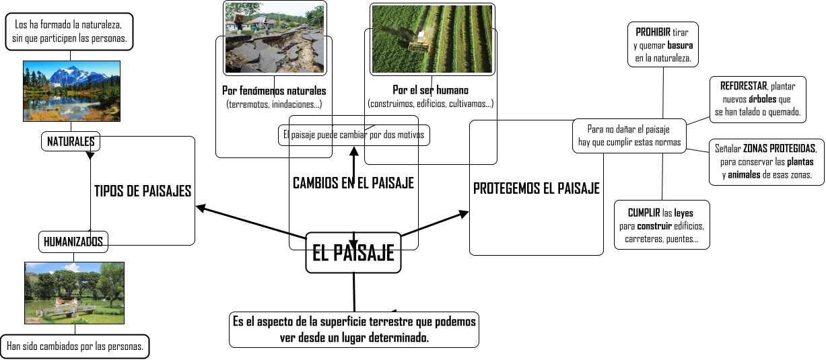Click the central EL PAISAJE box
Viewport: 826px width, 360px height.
[353, 253]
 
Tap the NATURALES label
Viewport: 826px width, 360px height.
[70, 141]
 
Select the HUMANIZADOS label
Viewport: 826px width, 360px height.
[73, 241]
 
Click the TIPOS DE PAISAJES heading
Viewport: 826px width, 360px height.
[143, 191]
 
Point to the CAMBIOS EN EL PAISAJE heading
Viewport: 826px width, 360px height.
[353, 183]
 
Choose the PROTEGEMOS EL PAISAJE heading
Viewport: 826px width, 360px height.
[536, 188]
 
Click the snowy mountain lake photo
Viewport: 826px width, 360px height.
[72, 91]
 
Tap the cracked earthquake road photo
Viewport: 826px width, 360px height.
[274, 37]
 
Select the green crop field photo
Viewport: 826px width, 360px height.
[432, 39]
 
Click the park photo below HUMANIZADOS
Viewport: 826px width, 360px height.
[74, 293]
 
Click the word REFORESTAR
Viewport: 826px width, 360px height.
[743, 87]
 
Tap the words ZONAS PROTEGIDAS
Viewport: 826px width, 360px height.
[780, 149]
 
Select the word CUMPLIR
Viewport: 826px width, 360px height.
[642, 213]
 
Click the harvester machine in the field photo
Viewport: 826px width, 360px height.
[420, 42]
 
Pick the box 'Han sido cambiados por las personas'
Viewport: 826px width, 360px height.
[75, 347]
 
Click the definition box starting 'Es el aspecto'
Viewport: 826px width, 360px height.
[353, 329]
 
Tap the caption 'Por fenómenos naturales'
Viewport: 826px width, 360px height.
[274, 91]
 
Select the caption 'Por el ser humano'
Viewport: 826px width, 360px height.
[431, 90]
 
